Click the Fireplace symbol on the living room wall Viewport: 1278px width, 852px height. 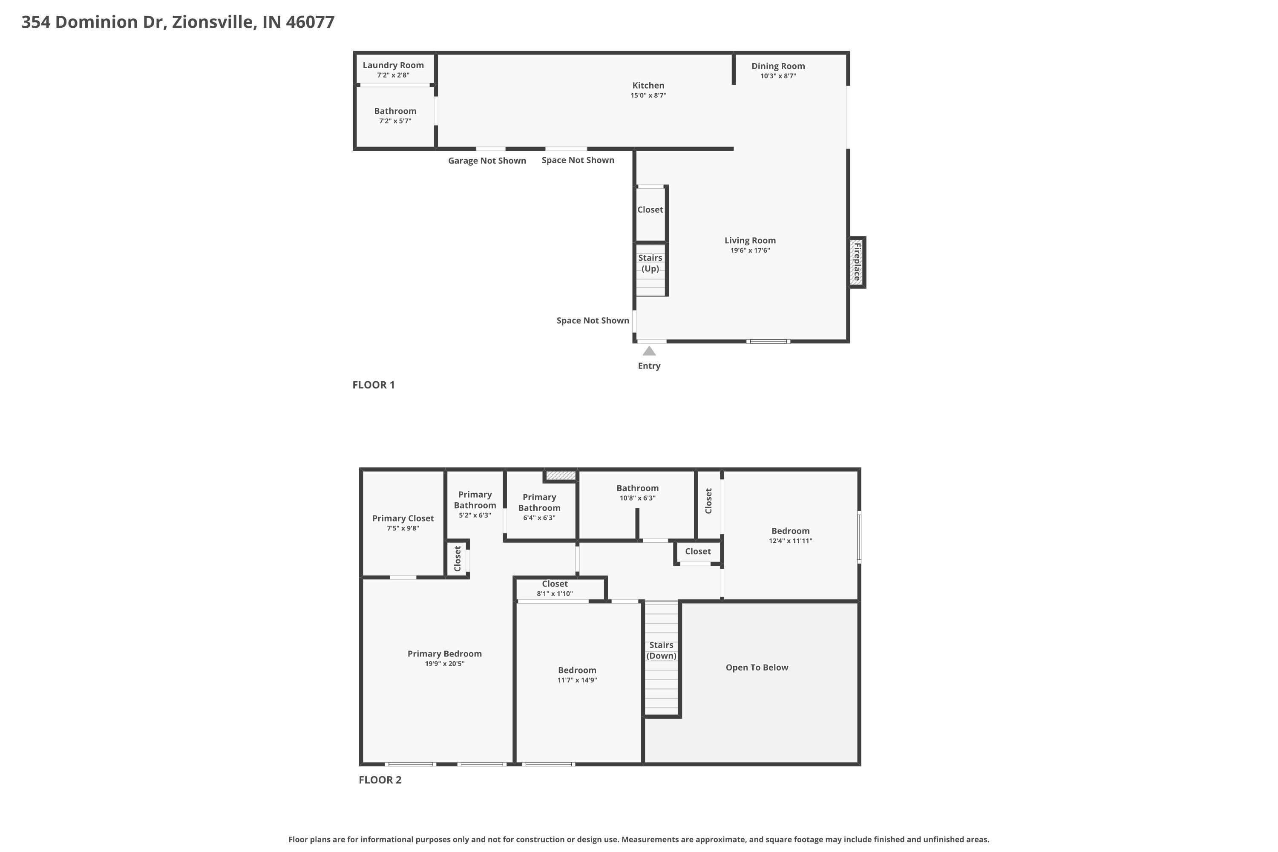pos(857,262)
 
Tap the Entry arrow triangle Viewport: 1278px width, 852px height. pos(649,351)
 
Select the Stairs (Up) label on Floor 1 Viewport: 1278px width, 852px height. pos(650,263)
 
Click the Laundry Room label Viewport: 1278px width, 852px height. pos(393,65)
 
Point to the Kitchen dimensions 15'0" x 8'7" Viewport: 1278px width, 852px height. pos(648,95)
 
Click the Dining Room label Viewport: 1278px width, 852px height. pos(778,66)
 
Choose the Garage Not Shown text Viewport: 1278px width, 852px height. pos(487,160)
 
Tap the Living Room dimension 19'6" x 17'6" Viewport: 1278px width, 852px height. pos(750,250)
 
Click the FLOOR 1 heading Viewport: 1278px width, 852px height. pos(373,385)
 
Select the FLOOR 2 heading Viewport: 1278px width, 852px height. pos(380,780)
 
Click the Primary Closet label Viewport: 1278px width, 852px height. pos(403,518)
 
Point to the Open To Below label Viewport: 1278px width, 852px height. pos(757,667)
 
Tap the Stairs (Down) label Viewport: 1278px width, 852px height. pos(661,650)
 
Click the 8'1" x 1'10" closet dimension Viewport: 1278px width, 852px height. pos(555,593)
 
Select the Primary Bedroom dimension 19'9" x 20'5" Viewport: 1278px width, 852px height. pos(444,663)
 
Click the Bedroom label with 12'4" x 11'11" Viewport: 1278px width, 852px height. pos(790,531)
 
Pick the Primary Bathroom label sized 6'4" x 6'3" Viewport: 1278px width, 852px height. pos(539,503)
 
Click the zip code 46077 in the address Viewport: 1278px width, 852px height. pos(310,22)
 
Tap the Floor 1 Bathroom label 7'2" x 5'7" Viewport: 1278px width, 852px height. pos(395,111)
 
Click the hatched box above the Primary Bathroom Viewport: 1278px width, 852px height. pos(561,475)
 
